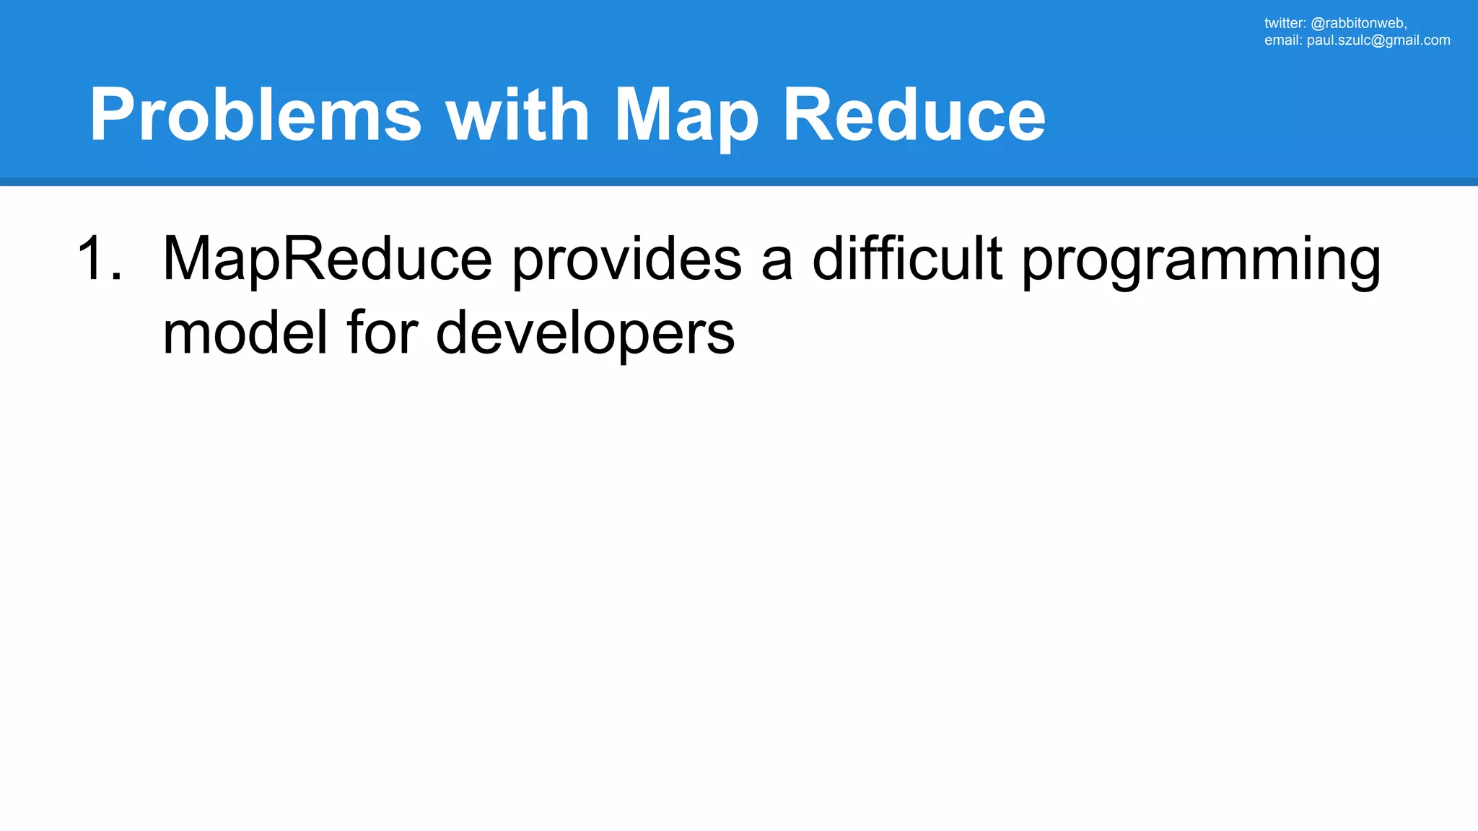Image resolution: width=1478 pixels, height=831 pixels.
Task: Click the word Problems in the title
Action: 255,115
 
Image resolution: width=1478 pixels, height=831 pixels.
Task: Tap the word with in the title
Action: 517,115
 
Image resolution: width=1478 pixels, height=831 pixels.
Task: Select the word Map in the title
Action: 686,115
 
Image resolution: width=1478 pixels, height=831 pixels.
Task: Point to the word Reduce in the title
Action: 914,115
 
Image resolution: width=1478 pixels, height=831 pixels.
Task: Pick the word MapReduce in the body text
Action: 327,258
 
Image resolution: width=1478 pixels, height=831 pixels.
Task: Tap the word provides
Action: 626,258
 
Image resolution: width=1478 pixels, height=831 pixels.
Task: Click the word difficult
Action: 907,258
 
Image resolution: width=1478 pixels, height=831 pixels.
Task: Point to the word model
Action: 245,333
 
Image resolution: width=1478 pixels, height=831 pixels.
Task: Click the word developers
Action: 585,333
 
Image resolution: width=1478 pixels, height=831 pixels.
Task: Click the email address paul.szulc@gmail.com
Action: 1378,40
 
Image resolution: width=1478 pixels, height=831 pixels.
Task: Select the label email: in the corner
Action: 1283,40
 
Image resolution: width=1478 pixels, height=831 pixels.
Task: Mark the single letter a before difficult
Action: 777,261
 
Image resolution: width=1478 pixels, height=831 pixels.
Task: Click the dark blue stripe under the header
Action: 739,182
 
